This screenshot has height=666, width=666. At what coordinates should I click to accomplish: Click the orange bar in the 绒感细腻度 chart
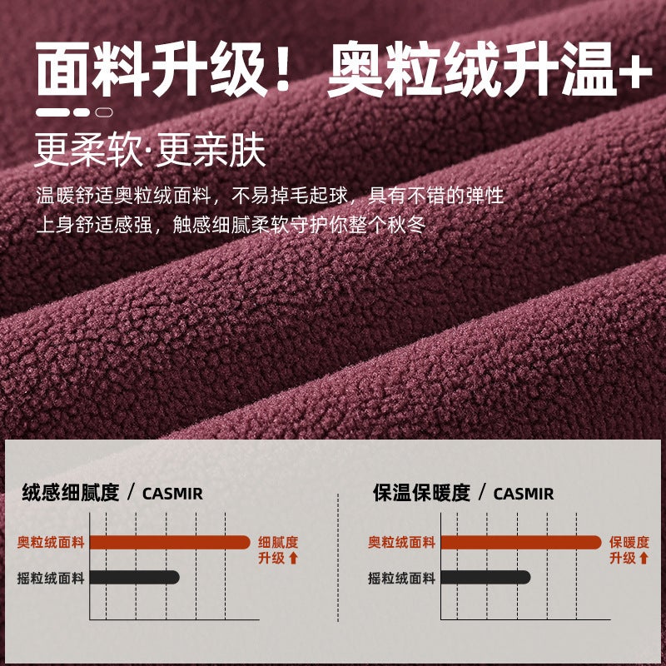pos(170,543)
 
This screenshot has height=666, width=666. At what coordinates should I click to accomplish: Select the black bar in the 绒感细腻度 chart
pos(134,577)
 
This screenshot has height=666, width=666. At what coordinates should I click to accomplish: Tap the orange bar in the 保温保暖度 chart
pos(521,543)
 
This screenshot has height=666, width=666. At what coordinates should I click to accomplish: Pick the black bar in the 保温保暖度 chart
pos(485,577)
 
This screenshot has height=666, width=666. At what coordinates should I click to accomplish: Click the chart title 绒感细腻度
pos(71,493)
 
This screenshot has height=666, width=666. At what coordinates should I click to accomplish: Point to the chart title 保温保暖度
pos(421,493)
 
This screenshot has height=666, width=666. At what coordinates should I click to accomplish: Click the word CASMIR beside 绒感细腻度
pos(172,494)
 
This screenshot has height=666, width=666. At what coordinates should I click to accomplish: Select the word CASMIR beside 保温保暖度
pos(524,494)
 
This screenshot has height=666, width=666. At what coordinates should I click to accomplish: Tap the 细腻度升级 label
pos(278,550)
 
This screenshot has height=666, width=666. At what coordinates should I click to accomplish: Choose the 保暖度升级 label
pos(629,550)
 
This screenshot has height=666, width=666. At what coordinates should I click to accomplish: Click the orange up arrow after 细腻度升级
pos(294,558)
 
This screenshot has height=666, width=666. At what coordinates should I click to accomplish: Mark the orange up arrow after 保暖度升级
pos(644,558)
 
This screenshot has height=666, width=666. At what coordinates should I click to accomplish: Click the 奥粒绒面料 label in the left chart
pos(51,543)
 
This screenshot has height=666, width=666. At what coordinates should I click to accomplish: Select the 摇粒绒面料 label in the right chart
pos(402,578)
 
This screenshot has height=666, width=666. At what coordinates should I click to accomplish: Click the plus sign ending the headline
pos(635,72)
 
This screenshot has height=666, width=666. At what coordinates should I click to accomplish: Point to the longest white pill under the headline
pos(52,112)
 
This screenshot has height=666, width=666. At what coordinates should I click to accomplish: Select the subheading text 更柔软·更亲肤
pos(150,151)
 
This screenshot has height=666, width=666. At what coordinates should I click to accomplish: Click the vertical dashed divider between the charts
pos(338,557)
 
